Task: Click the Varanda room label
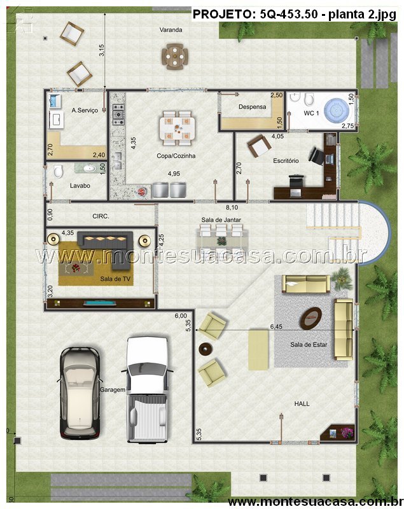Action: [171, 30]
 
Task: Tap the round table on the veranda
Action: [175, 56]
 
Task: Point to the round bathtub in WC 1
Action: [338, 111]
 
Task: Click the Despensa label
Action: [252, 107]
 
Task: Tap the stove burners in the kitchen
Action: [118, 115]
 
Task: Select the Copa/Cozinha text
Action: [176, 156]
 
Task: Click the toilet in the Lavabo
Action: [58, 171]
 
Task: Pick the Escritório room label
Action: [286, 161]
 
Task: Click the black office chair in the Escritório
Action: [316, 156]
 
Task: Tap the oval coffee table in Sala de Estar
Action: [310, 318]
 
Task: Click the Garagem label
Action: [112, 390]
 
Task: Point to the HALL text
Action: [302, 404]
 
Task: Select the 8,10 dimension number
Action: [232, 207]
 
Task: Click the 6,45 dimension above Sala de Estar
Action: [276, 326]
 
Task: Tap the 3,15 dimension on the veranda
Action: [102, 51]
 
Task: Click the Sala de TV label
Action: [115, 279]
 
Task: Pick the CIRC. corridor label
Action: [101, 216]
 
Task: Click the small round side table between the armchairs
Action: [205, 349]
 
